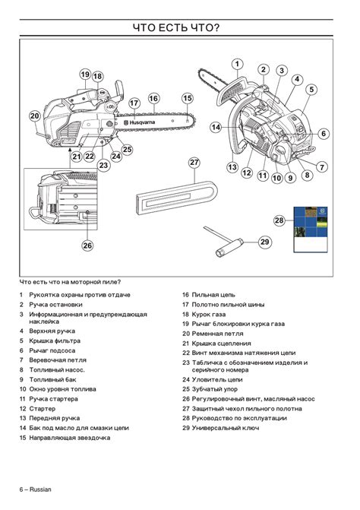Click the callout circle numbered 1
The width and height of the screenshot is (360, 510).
[237, 64]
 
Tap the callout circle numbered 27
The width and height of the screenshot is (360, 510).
[194, 163]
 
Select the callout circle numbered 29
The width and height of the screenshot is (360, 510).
[265, 242]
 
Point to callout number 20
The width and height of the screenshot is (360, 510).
[35, 116]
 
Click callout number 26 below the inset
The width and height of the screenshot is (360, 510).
[87, 245]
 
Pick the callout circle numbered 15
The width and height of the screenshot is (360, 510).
[188, 98]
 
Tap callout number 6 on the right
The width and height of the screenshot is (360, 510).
[324, 133]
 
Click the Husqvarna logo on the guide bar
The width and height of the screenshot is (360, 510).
[140, 122]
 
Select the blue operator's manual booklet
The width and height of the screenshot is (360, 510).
[311, 230]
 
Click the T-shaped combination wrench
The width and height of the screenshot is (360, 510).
[223, 242]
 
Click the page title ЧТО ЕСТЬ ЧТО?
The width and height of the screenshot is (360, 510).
[176, 27]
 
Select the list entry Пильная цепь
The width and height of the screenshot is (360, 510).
[213, 295]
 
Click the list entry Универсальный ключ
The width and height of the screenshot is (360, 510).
[226, 428]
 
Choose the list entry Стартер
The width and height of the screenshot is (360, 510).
[43, 408]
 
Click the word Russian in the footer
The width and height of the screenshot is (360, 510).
[40, 489]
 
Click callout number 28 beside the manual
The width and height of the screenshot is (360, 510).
[279, 220]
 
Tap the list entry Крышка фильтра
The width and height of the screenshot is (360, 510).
[55, 341]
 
